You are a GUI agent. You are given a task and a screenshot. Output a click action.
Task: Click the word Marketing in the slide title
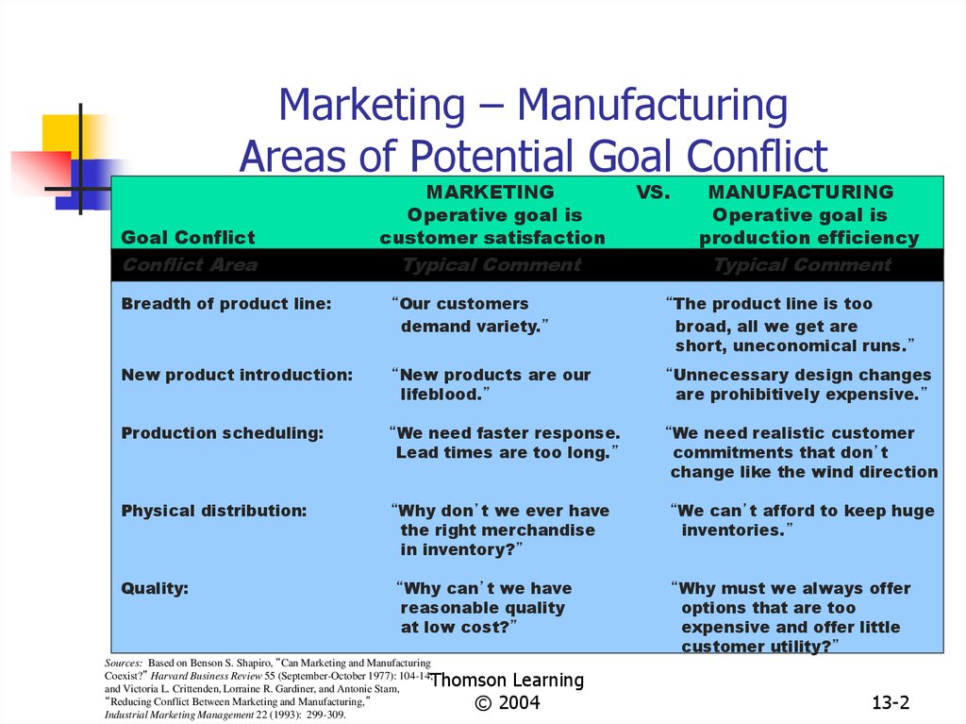tap(372, 106)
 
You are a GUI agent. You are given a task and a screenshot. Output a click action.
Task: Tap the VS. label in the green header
tap(653, 193)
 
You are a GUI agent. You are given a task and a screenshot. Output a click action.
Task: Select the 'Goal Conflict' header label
tap(188, 238)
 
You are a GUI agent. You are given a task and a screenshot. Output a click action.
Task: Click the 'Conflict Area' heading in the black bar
tap(190, 265)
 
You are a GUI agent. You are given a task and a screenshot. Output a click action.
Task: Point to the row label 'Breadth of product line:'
tap(226, 304)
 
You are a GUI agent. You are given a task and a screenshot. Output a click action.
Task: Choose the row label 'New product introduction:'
tap(237, 375)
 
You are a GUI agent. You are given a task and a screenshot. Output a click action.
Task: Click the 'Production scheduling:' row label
tap(223, 433)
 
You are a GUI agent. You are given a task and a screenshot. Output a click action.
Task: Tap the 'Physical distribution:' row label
tap(214, 512)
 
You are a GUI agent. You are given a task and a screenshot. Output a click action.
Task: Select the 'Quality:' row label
tap(155, 588)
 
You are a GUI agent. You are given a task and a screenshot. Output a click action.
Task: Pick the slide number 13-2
tap(891, 702)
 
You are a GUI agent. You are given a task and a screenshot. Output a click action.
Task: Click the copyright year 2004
tap(520, 702)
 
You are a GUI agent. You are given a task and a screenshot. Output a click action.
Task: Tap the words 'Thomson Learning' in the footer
tap(507, 681)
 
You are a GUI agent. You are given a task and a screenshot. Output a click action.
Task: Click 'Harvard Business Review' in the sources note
tap(207, 676)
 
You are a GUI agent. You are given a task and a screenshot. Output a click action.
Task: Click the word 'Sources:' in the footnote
tap(124, 664)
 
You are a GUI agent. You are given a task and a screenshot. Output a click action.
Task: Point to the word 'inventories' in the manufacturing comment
tap(732, 530)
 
